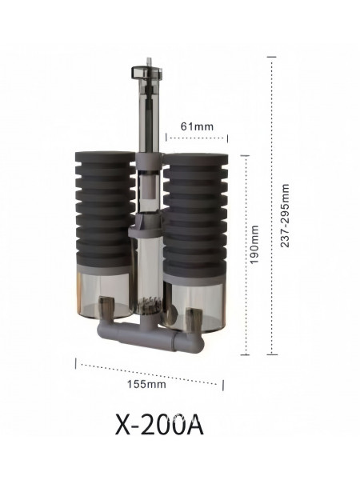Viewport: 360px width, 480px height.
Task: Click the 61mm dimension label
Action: click(197, 126)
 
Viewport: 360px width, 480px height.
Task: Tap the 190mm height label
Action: click(254, 244)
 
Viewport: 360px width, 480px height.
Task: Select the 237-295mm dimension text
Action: click(285, 215)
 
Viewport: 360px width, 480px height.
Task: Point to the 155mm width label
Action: click(146, 383)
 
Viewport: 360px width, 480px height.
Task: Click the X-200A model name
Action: click(159, 425)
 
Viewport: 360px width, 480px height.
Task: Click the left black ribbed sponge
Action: click(105, 209)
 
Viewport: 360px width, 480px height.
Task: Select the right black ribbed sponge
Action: click(195, 214)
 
